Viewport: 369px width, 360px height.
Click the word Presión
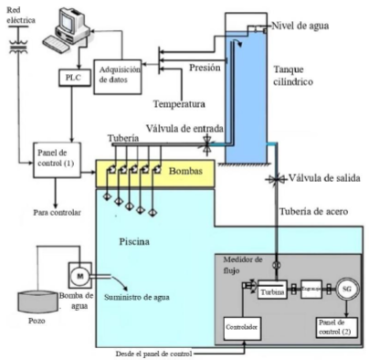pos(206,67)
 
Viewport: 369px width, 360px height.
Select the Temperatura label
pos(179,103)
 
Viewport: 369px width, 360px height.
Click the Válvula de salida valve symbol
pos(271,181)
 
